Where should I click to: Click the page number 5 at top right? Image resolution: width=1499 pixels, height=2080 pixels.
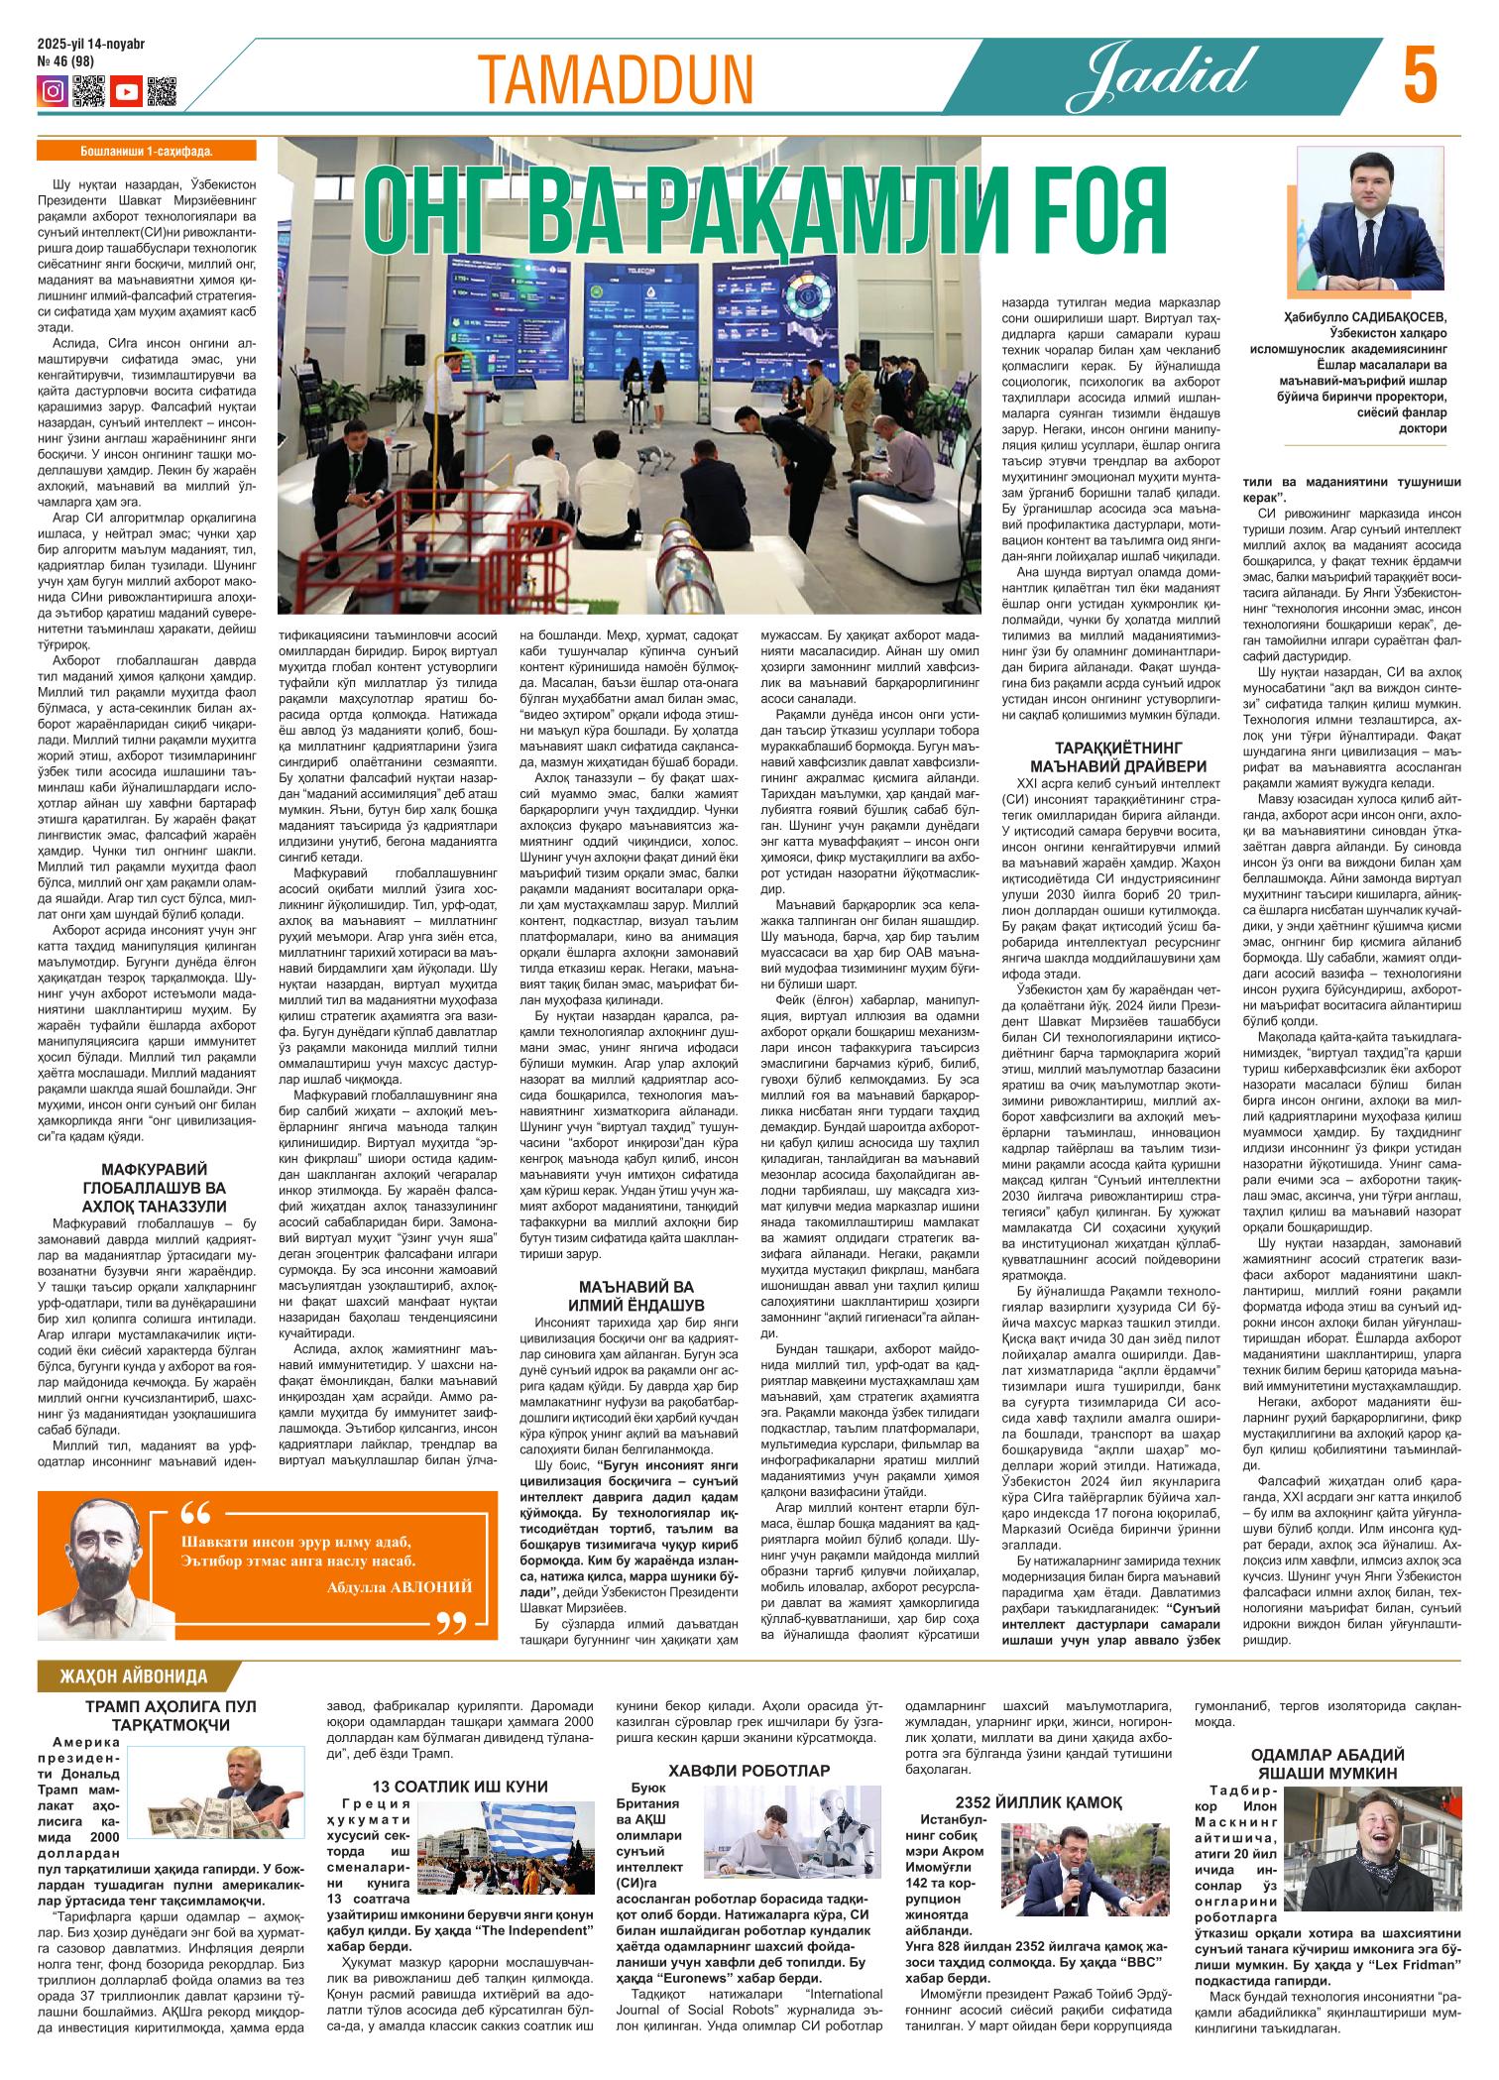[x=1423, y=76]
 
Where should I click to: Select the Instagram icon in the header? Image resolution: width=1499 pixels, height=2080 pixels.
[x=53, y=92]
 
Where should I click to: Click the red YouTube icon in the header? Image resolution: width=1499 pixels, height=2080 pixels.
[x=126, y=92]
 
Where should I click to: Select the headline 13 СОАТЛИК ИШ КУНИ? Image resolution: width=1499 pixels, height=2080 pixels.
[x=461, y=1787]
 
